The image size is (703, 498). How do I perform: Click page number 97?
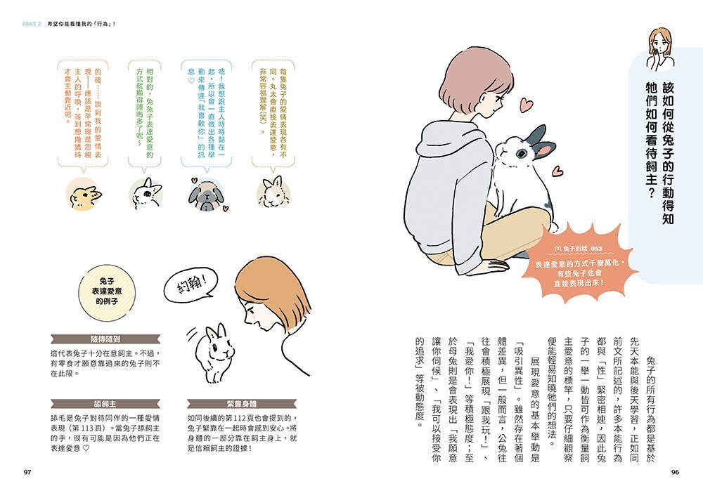(28, 472)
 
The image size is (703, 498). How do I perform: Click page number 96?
(674, 472)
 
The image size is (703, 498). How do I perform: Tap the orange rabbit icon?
(84, 196)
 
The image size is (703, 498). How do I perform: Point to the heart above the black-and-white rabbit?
(524, 106)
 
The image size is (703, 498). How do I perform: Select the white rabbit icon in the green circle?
(145, 192)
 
